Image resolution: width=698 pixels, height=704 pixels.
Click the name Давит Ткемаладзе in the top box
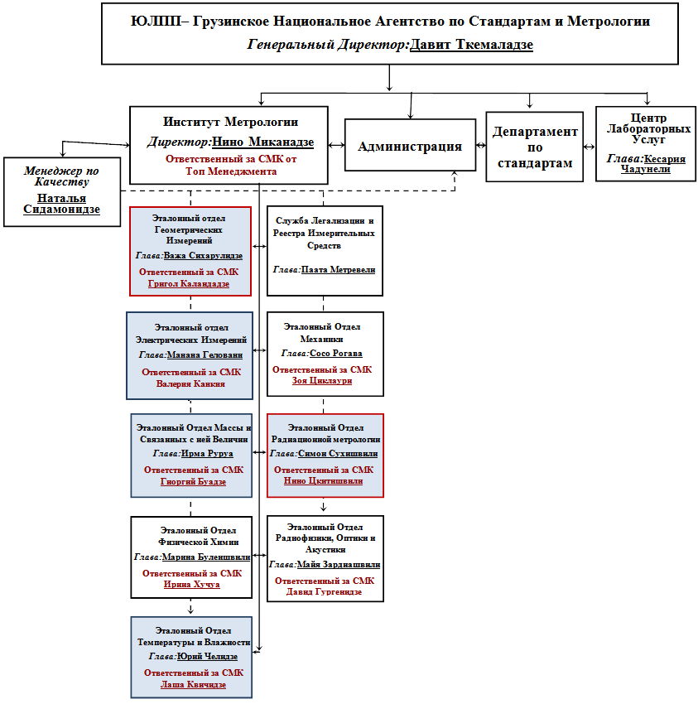coord(471,45)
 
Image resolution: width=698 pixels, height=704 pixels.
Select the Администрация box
coord(410,145)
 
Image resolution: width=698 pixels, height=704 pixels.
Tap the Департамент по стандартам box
coord(534,147)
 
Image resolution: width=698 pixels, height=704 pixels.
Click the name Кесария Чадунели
coord(653,164)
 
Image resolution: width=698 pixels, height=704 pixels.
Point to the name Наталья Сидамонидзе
coord(61,204)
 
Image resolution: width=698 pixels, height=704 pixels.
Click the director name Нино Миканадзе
coord(263,142)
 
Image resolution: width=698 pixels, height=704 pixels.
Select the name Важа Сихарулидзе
coord(203,255)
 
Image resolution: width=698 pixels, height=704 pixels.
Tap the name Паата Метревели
coord(338,269)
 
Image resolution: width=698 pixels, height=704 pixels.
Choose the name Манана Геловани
coord(205,354)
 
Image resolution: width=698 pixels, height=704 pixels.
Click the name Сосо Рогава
coord(336,354)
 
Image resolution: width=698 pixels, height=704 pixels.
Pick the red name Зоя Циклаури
coord(322,380)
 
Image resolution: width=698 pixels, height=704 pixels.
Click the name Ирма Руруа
coord(207,454)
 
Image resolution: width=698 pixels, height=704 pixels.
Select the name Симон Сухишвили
coord(338,454)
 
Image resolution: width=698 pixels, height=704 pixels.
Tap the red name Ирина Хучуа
coord(191,584)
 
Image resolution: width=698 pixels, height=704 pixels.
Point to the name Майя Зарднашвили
coord(339,564)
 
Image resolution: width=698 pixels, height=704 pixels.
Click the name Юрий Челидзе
coord(207,657)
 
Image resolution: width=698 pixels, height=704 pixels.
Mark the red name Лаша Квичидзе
coord(193,685)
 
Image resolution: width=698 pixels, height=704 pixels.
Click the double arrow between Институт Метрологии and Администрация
coord(336,145)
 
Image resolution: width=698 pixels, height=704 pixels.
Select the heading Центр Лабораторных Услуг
coord(648,128)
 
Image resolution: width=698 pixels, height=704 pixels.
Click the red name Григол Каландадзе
coord(189,284)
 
